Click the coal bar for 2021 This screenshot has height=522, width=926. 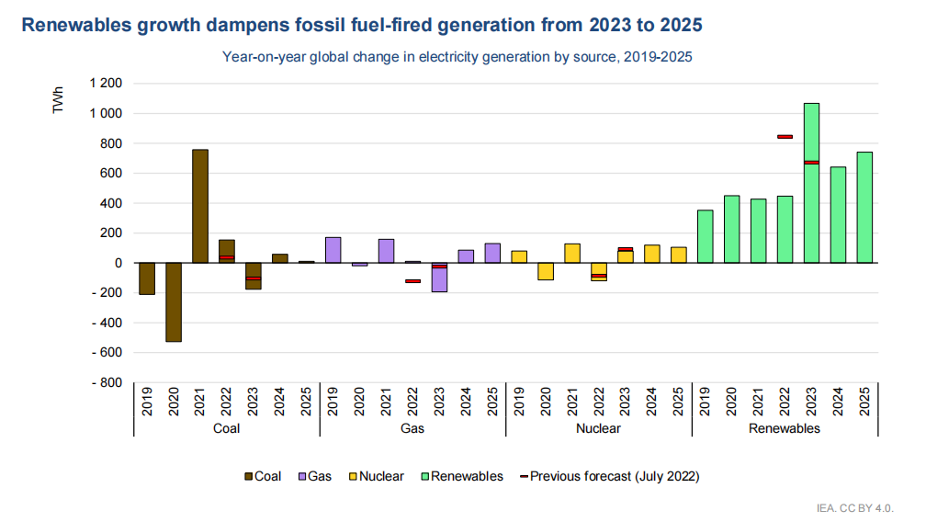(x=199, y=206)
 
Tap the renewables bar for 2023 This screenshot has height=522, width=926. (x=811, y=183)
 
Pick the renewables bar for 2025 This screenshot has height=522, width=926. (x=864, y=208)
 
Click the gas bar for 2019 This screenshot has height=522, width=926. (x=333, y=250)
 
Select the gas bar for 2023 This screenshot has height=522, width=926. (x=439, y=278)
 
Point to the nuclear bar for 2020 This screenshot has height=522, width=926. (x=545, y=271)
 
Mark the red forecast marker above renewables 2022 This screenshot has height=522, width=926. (x=785, y=136)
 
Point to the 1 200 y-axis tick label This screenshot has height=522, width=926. (x=105, y=84)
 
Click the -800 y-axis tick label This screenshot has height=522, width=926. (x=106, y=382)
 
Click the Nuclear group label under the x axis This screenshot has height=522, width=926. (x=598, y=428)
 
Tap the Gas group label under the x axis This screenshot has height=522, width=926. (x=412, y=428)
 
